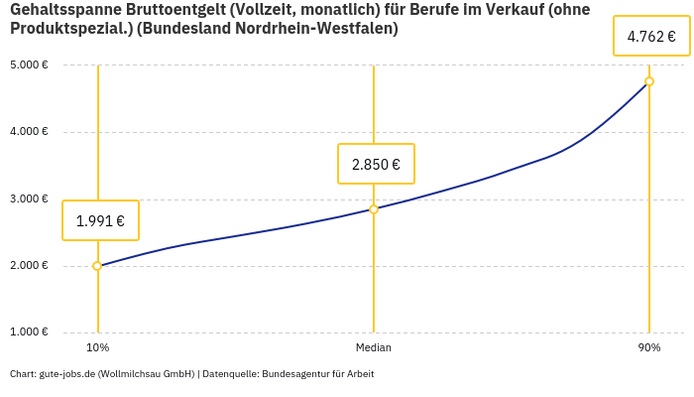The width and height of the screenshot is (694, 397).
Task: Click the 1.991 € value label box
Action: pyautogui.click(x=100, y=220)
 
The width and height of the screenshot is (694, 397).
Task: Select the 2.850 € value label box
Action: pyautogui.click(x=376, y=164)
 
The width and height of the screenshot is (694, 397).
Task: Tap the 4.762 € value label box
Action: pyautogui.click(x=651, y=37)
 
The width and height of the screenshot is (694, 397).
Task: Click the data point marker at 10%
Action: pyautogui.click(x=97, y=266)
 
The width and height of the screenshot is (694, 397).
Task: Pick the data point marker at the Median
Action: pyautogui.click(x=374, y=209)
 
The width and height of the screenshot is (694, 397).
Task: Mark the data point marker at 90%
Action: pyautogui.click(x=649, y=81)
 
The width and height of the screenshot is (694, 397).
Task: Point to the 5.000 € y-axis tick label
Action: pyautogui.click(x=29, y=66)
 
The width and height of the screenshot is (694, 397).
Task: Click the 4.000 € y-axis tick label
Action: pyautogui.click(x=29, y=132)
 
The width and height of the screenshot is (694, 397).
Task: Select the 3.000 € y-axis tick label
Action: pyautogui.click(x=29, y=199)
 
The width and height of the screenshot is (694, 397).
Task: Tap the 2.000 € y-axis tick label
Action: pyautogui.click(x=29, y=266)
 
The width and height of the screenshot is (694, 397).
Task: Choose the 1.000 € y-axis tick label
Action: pyautogui.click(x=29, y=332)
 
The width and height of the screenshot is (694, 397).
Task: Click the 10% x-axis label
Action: pyautogui.click(x=97, y=348)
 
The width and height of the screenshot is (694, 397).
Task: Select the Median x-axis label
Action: pyautogui.click(x=374, y=348)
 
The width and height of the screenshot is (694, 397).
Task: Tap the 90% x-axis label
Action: pyautogui.click(x=649, y=348)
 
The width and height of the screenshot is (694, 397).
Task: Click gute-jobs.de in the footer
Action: pyautogui.click(x=67, y=374)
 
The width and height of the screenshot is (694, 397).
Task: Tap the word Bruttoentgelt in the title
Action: pyautogui.click(x=176, y=10)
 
